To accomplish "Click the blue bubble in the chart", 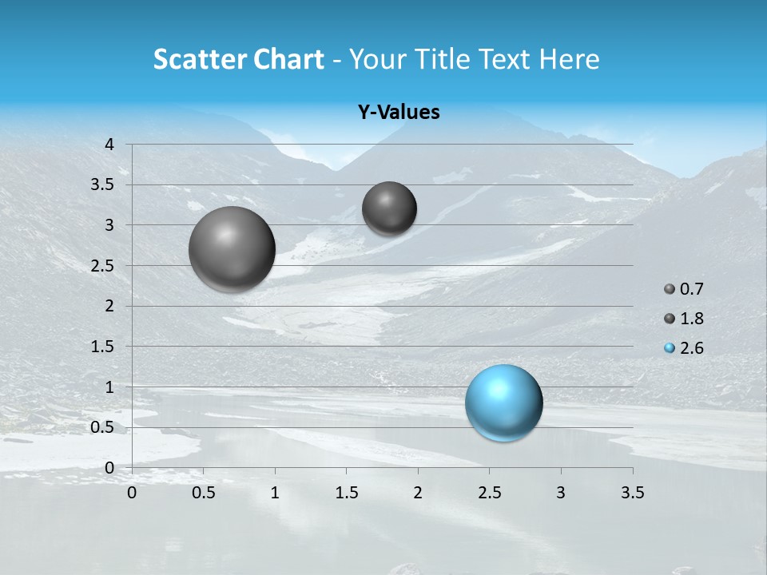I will [x=503, y=402].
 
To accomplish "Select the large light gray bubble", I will [x=232, y=249].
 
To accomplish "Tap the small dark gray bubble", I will [x=389, y=208].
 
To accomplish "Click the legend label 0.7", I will [x=691, y=289].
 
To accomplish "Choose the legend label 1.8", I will [x=691, y=319].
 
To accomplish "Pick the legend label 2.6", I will [x=691, y=348].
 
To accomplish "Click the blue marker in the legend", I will [x=670, y=348].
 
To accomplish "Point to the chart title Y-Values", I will [x=399, y=113].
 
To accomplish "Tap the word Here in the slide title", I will [x=569, y=59].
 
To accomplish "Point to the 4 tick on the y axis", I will [x=110, y=145].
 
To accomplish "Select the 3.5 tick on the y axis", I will [x=104, y=184].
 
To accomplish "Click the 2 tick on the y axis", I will [x=110, y=306].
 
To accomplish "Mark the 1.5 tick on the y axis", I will [x=104, y=347].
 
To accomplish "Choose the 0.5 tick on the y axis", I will [x=104, y=427].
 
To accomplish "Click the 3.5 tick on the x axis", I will [x=633, y=493].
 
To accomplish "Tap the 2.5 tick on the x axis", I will [x=490, y=493].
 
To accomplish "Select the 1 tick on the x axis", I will [x=275, y=493].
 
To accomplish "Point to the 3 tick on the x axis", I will [x=561, y=493].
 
